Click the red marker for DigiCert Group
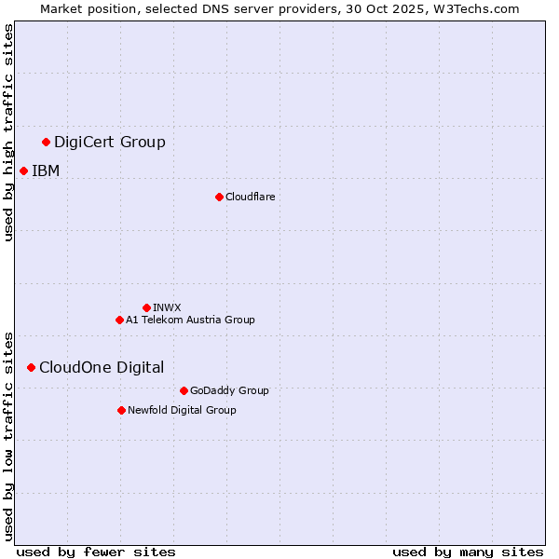tap(46, 142)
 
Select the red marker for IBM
tap(23, 170)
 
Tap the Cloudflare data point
tap(219, 197)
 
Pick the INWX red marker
tap(146, 307)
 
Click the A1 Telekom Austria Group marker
tap(119, 320)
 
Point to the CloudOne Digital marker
tap(31, 367)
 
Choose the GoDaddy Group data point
tap(184, 390)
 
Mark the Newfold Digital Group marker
tap(121, 410)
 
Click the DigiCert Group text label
tap(110, 142)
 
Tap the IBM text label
tap(46, 170)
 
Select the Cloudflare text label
tap(250, 197)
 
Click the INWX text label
tap(167, 307)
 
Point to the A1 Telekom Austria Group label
tap(190, 320)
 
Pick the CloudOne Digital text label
tap(102, 367)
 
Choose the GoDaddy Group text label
tap(229, 390)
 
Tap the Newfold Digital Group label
tap(182, 410)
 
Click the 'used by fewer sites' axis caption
tap(96, 552)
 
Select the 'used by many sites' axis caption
tap(468, 552)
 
